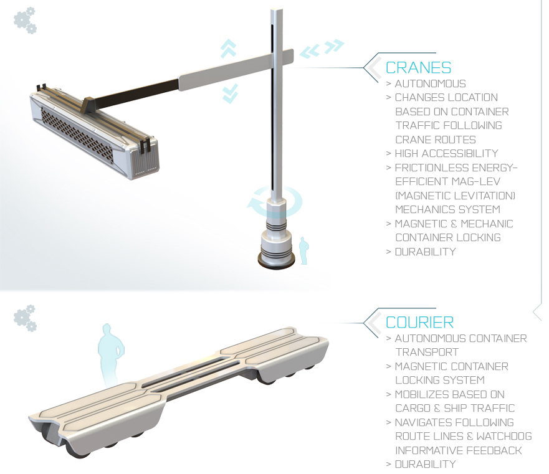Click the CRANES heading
[418, 67]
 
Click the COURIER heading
[419, 323]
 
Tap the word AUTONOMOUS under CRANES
[431, 83]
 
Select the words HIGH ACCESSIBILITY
[446, 153]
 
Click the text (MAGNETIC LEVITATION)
[455, 196]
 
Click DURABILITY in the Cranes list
[426, 252]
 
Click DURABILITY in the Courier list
[426, 464]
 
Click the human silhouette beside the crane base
[303, 250]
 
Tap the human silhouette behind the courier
[111, 354]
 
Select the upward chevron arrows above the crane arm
[228, 49]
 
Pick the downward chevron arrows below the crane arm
[230, 93]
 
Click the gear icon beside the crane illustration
[25, 21]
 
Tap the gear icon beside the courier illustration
[25, 318]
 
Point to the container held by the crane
[94, 131]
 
